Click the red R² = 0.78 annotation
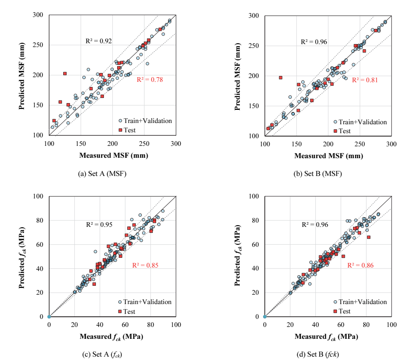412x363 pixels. [150, 80]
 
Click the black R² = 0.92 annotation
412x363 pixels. [99, 41]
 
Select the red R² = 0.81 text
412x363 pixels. [365, 80]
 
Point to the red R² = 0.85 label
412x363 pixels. [145, 265]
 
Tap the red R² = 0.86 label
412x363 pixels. [361, 265]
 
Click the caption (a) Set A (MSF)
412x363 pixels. [102, 173]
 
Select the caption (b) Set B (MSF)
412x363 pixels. [318, 173]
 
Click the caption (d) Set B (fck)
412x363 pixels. [318, 355]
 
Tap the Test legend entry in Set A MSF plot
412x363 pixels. [127, 130]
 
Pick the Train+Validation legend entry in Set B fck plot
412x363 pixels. [360, 302]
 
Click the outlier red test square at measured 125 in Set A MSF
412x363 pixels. [65, 73]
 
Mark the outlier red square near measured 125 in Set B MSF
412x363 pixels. [280, 78]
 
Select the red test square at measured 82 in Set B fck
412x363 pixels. [369, 237]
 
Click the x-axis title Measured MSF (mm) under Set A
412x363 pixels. [114, 156]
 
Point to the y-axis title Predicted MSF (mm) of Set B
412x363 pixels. [237, 76]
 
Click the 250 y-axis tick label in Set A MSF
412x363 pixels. [38, 45]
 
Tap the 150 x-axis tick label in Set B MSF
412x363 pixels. [297, 144]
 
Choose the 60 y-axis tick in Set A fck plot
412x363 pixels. [40, 244]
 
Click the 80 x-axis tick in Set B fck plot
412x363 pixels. [366, 325]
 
